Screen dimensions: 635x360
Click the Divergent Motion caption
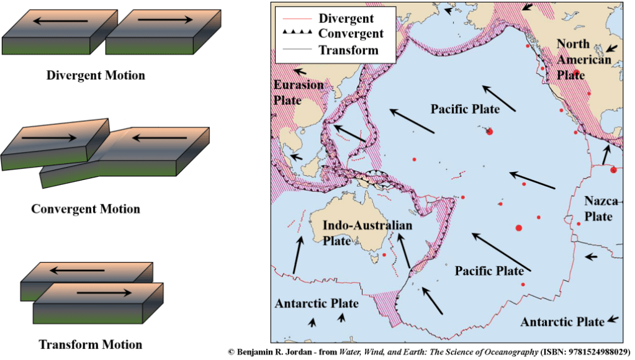coord(96,76)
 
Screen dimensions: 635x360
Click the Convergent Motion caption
coord(86,209)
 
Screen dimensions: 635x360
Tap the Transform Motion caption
coord(90,344)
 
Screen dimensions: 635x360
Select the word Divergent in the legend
coord(346,19)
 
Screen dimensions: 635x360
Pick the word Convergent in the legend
coord(351,34)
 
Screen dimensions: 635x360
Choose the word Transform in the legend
coord(348,50)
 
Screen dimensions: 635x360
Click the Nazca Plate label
coord(598,209)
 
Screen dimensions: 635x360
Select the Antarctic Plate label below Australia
coord(317,304)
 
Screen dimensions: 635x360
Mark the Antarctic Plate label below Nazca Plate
coord(562,322)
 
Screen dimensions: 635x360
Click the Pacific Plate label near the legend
coord(465,109)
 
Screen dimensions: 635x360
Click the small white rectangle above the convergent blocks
coord(142,123)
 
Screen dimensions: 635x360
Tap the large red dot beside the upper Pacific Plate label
coord(490,131)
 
